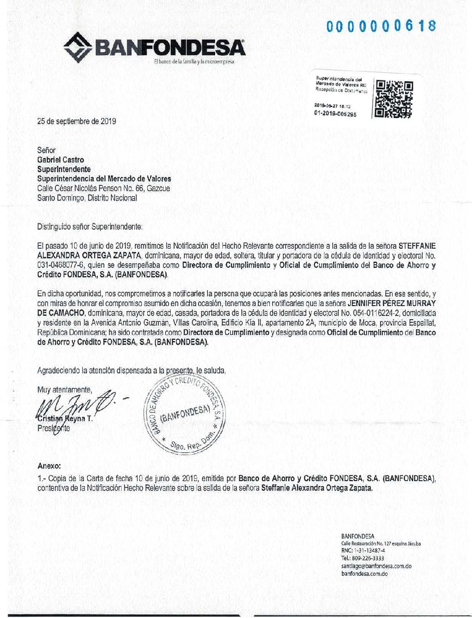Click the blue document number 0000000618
(x=381, y=26)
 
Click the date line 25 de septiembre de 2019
(x=77, y=121)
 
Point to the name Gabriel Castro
(x=60, y=160)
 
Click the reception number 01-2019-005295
(x=336, y=114)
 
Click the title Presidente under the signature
(x=53, y=429)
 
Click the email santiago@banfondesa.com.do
(x=376, y=566)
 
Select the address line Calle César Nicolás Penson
(x=103, y=188)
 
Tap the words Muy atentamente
(x=64, y=390)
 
